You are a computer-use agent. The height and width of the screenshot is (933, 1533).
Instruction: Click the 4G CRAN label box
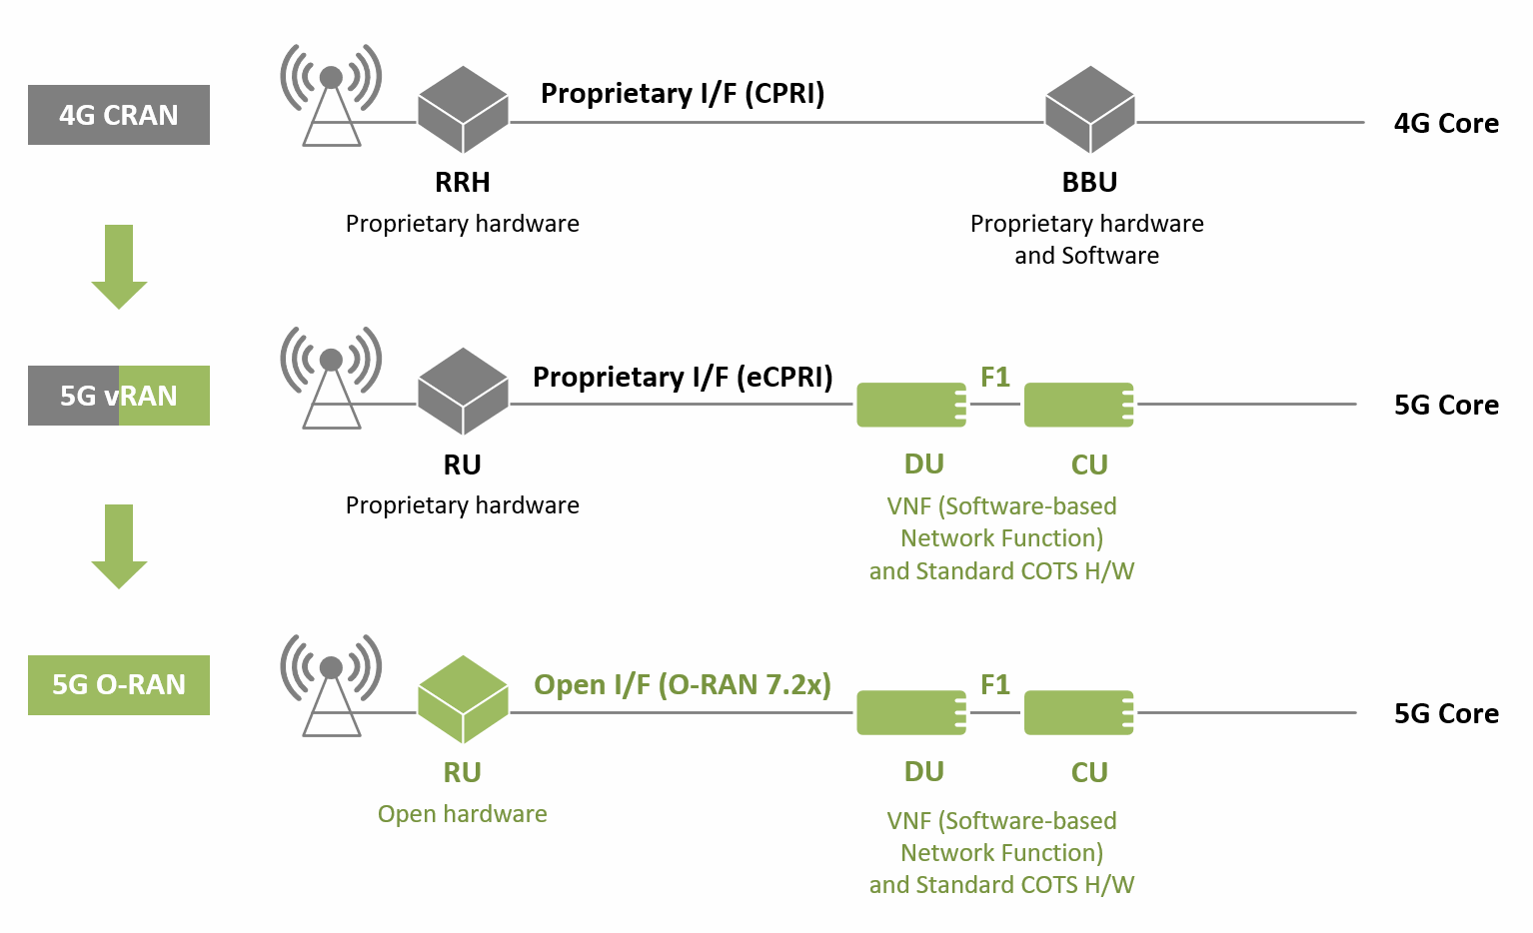click(x=118, y=115)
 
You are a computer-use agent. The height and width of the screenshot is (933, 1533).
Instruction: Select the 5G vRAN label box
click(x=118, y=396)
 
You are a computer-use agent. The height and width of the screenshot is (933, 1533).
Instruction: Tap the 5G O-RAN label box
click(x=118, y=684)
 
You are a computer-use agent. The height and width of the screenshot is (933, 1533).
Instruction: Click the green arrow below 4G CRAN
click(x=119, y=267)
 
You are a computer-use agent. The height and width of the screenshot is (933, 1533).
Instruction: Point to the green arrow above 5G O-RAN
click(x=119, y=546)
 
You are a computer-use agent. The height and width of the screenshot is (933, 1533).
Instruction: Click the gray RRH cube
click(x=463, y=110)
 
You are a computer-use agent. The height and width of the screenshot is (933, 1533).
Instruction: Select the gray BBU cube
click(x=1089, y=110)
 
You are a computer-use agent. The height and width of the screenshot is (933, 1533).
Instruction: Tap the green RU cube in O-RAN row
click(x=463, y=699)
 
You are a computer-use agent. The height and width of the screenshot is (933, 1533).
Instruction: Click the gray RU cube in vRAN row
click(x=463, y=392)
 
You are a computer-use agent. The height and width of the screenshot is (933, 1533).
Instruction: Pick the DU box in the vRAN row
click(x=911, y=405)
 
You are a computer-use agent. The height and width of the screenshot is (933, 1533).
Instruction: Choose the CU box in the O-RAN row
click(x=1078, y=713)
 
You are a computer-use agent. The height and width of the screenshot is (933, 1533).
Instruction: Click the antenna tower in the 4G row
click(x=331, y=95)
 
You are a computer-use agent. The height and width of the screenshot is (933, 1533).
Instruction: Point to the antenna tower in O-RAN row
click(x=331, y=685)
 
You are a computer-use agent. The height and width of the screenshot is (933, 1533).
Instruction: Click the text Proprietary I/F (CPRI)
click(x=683, y=94)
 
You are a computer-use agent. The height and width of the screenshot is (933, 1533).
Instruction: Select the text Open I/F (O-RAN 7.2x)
click(x=683, y=684)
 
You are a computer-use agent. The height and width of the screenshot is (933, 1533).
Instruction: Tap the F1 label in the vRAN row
click(x=995, y=377)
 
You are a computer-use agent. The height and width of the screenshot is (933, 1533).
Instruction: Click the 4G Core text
click(x=1446, y=123)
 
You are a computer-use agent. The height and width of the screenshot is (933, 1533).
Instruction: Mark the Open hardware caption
click(x=462, y=813)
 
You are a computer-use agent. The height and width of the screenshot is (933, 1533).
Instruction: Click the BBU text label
click(x=1089, y=182)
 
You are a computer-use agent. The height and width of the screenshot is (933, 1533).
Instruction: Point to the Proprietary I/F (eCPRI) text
click(x=683, y=377)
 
